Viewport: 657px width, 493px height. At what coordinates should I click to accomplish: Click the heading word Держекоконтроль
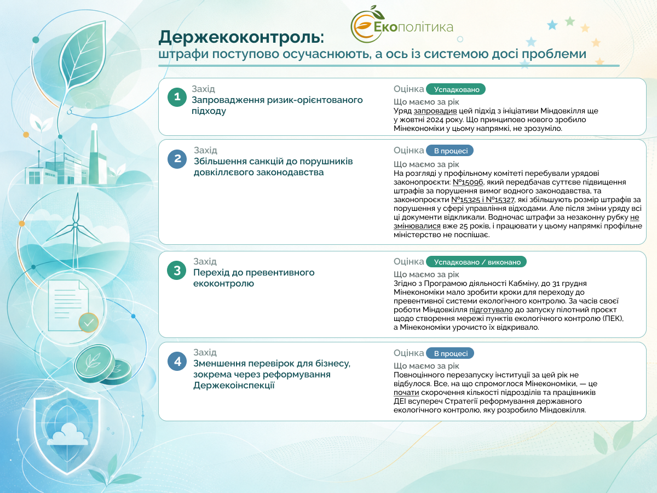[241, 37]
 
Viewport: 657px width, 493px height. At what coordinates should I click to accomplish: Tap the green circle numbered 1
[177, 97]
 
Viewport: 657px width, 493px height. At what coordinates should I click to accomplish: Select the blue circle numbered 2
[177, 159]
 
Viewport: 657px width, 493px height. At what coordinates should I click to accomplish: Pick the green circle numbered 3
[177, 270]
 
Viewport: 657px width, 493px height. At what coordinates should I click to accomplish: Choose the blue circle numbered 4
[177, 362]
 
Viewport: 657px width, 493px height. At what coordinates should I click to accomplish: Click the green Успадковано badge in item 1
[456, 89]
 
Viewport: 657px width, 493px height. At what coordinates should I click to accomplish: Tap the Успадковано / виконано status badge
[476, 262]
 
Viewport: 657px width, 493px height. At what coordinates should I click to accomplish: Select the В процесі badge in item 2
[450, 151]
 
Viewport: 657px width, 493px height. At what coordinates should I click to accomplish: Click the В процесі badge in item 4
[450, 353]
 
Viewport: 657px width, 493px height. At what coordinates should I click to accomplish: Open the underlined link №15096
[468, 182]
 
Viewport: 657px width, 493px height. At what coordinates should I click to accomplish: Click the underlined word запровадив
[435, 111]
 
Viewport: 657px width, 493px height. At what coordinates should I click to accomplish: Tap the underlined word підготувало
[491, 310]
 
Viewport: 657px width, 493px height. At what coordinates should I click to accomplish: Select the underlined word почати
[406, 392]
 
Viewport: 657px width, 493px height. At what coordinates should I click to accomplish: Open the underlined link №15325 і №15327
[482, 199]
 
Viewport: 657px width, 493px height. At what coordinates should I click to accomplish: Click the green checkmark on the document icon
[89, 323]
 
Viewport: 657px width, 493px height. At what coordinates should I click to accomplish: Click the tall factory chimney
[94, 153]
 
